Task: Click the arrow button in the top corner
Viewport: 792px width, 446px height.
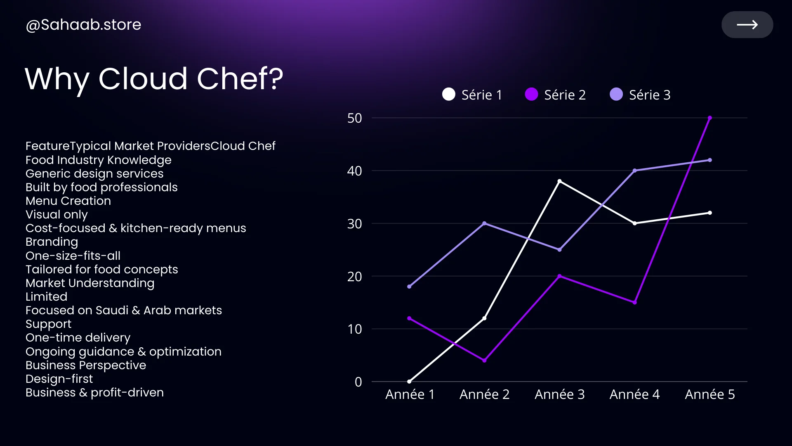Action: (747, 25)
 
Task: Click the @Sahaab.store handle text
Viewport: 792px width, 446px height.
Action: (83, 25)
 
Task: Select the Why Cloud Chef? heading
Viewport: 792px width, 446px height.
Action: (154, 78)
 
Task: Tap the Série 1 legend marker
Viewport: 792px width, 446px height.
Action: (449, 95)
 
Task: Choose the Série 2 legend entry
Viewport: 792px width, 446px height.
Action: (556, 95)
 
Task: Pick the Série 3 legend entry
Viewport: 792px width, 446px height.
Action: (640, 95)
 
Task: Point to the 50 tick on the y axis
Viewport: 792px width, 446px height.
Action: (354, 118)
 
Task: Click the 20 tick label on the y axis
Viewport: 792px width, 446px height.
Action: (354, 276)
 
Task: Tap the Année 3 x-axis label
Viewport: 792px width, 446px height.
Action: (559, 394)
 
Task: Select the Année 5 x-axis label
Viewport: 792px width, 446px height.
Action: (709, 394)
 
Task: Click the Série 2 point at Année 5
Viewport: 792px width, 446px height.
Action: (709, 118)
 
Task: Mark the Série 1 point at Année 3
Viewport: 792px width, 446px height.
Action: (559, 181)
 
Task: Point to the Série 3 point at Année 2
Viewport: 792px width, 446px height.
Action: (484, 223)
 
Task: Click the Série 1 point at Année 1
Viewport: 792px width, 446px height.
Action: (409, 382)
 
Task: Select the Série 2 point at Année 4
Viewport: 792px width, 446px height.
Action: (634, 302)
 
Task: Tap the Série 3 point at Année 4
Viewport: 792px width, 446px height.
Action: (634, 171)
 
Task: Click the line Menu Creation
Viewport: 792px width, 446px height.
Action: (68, 201)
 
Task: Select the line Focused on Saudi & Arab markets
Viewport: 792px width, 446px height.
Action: (124, 311)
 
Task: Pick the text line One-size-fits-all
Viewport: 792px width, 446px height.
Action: (73, 256)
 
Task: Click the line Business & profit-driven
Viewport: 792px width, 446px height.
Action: (94, 393)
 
